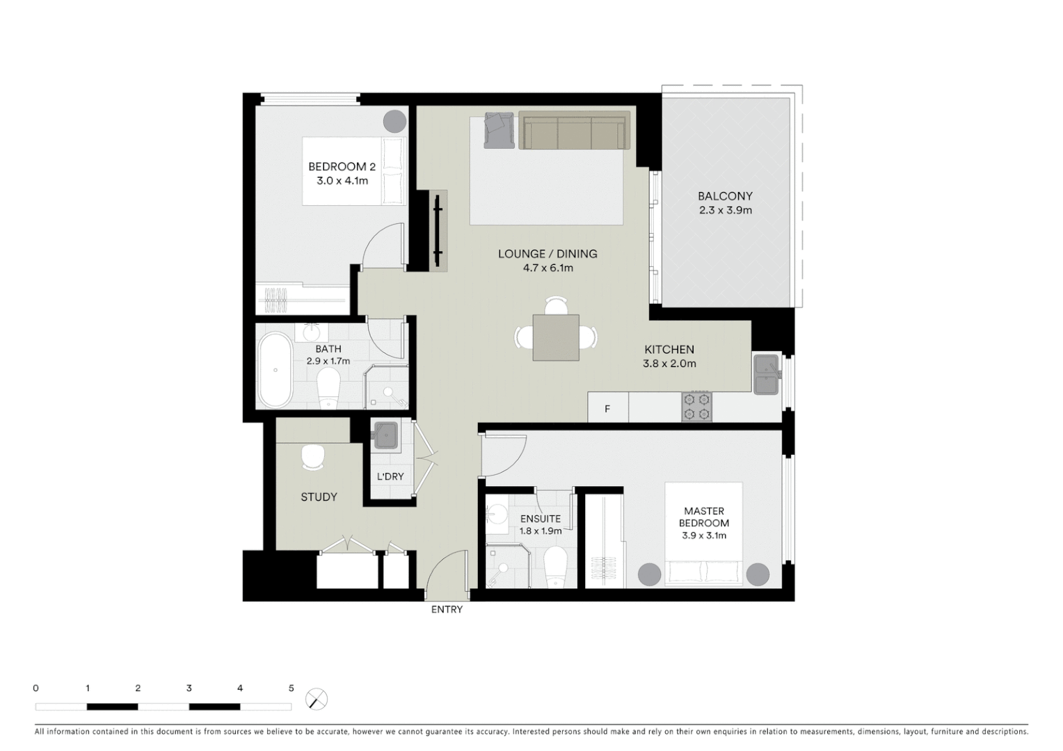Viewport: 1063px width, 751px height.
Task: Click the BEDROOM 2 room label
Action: [342, 167]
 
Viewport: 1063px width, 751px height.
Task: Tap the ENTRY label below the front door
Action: [447, 610]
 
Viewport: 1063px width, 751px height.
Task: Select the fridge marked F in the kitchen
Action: [607, 408]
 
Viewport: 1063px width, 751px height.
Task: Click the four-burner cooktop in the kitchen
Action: [697, 407]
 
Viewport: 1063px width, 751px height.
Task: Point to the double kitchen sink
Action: [766, 374]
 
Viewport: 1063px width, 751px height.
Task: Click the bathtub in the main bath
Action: [276, 371]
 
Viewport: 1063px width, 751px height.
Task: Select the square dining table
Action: [556, 337]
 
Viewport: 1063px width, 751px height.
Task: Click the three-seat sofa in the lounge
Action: [574, 131]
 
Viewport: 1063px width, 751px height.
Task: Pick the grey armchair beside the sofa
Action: [499, 130]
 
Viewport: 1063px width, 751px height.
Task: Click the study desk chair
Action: [313, 458]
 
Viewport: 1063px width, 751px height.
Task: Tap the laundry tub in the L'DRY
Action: [385, 436]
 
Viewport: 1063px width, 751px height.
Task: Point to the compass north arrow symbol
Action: [317, 699]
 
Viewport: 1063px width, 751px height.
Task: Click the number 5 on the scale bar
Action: [291, 688]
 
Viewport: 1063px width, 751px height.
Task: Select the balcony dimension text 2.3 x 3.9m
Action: [726, 210]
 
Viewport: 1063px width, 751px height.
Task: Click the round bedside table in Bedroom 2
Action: [394, 121]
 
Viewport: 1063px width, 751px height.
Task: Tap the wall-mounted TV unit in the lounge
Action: [438, 230]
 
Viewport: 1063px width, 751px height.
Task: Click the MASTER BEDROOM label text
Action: [704, 517]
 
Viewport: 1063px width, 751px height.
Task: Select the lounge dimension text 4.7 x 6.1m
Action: [548, 268]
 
